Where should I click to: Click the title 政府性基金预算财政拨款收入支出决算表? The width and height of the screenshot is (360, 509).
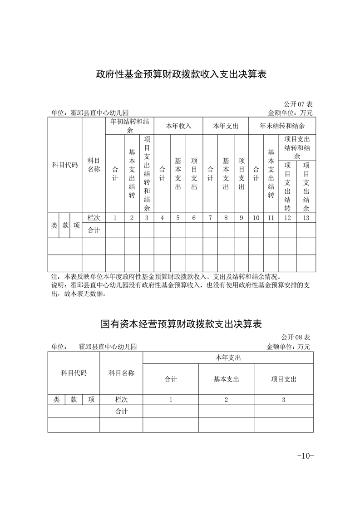(180, 74)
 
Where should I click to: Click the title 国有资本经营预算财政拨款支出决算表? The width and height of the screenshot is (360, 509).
(181, 324)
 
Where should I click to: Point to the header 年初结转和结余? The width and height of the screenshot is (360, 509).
(129, 126)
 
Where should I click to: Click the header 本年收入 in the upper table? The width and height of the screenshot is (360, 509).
(178, 126)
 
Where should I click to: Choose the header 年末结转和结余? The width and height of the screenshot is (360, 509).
(282, 126)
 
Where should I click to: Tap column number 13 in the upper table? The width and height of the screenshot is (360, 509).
(306, 218)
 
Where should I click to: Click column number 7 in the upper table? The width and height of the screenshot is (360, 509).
(210, 218)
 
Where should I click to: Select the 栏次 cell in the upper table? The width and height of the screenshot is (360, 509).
(94, 218)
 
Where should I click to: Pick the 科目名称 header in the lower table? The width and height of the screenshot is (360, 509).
(121, 373)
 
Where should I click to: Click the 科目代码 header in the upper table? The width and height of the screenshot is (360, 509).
(64, 165)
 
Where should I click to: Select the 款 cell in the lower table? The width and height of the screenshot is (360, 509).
(74, 400)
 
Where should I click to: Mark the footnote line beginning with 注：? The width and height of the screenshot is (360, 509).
(166, 276)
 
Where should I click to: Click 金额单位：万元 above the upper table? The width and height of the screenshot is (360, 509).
(291, 113)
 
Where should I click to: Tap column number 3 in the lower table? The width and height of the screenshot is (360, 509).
(283, 400)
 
